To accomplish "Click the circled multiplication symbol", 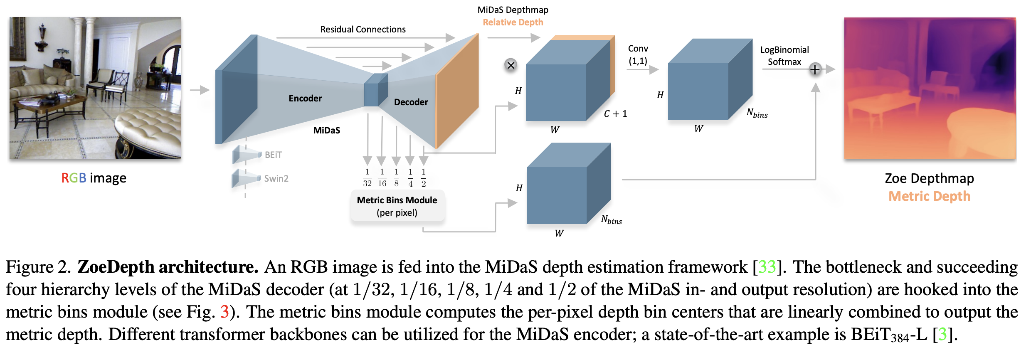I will pyautogui.click(x=511, y=65).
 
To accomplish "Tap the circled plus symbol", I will pyautogui.click(x=815, y=69).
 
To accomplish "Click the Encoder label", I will pyautogui.click(x=305, y=99).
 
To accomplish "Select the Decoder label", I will pyautogui.click(x=411, y=102).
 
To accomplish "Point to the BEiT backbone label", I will pyautogui.click(x=273, y=155).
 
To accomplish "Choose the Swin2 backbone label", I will pyautogui.click(x=276, y=179).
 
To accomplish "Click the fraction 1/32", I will pyautogui.click(x=367, y=178).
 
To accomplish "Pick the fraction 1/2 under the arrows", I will pyautogui.click(x=424, y=178).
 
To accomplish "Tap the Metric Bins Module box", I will pyautogui.click(x=397, y=206).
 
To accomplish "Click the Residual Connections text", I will pyautogui.click(x=363, y=30).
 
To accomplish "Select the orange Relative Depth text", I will pyautogui.click(x=513, y=22).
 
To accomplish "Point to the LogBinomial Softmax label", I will pyautogui.click(x=784, y=56).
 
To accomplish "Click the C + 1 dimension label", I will pyautogui.click(x=615, y=114).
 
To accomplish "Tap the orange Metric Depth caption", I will pyautogui.click(x=929, y=196).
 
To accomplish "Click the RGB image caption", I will pyautogui.click(x=94, y=178).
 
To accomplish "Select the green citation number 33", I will pyautogui.click(x=767, y=267).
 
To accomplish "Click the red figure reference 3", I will pyautogui.click(x=224, y=312).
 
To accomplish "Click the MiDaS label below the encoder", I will pyautogui.click(x=326, y=131).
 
